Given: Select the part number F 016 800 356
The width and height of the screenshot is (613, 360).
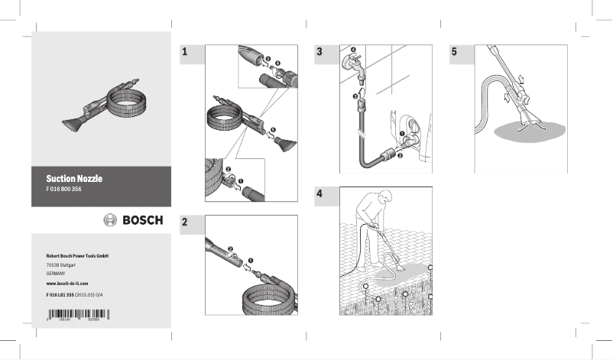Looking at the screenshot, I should coord(66,188).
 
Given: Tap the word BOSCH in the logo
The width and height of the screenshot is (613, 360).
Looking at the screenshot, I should coord(144,220).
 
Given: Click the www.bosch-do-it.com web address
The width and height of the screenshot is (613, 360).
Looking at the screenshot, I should coord(67,283).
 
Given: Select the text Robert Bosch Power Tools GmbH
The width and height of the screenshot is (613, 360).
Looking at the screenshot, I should coord(78,255).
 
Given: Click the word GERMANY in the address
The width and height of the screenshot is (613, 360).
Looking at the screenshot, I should coord(57,273).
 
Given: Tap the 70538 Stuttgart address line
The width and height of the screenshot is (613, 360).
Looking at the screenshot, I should coord(61,264).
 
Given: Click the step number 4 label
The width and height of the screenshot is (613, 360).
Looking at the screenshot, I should coord(319,194).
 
